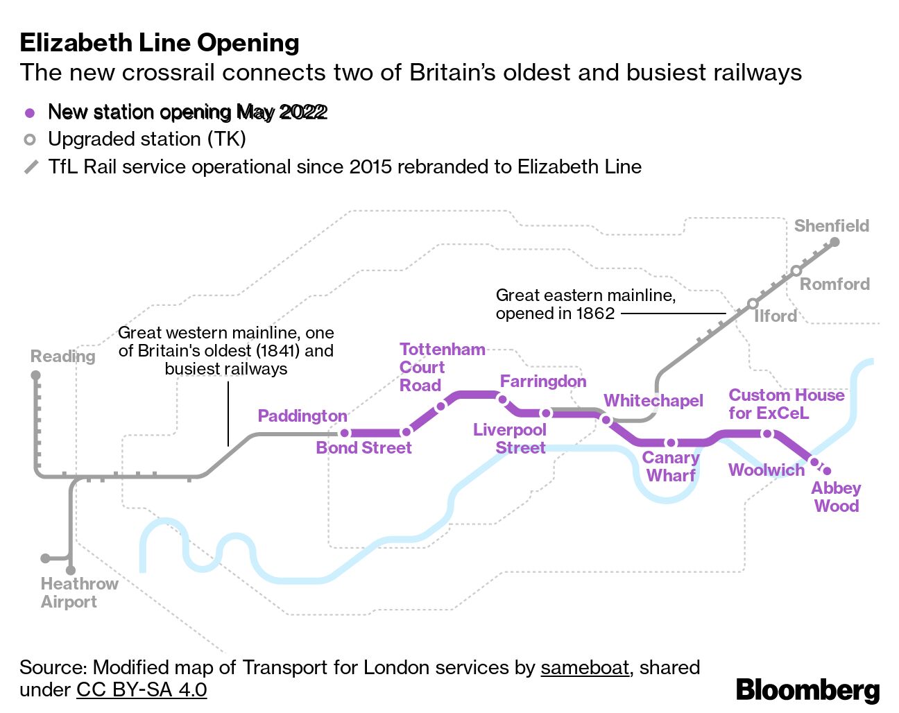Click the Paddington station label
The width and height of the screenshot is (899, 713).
pyautogui.click(x=302, y=416)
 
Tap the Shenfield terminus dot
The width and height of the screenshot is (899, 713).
pyautogui.click(x=834, y=242)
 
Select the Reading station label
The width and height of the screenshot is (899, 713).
pyautogui.click(x=63, y=356)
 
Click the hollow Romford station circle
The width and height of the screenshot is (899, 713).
pyautogui.click(x=796, y=270)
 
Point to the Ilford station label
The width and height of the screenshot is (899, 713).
pyautogui.click(x=776, y=316)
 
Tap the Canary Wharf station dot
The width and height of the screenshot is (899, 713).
pyautogui.click(x=671, y=443)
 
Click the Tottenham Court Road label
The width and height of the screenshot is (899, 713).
pyautogui.click(x=443, y=367)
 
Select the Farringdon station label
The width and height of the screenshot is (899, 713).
pyautogui.click(x=543, y=381)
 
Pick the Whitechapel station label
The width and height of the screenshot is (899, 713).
pyautogui.click(x=653, y=401)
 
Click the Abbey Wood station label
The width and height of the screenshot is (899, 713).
pyautogui.click(x=837, y=497)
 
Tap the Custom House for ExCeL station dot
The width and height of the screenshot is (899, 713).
pyautogui.click(x=767, y=434)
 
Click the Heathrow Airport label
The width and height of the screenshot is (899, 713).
pyautogui.click(x=79, y=593)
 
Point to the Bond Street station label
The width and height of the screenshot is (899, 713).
pyautogui.click(x=363, y=448)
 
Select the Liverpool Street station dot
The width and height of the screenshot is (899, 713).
pyautogui.click(x=546, y=413)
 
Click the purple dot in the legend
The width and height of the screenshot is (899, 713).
pyautogui.click(x=30, y=113)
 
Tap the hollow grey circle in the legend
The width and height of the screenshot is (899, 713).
pyautogui.click(x=30, y=139)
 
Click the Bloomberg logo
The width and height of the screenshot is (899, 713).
pyautogui.click(x=807, y=689)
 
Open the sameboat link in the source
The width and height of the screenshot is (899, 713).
pyautogui.click(x=585, y=667)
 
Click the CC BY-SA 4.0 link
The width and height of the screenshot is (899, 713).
pyautogui.click(x=142, y=689)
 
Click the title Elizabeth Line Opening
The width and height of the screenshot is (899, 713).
pyautogui.click(x=160, y=42)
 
